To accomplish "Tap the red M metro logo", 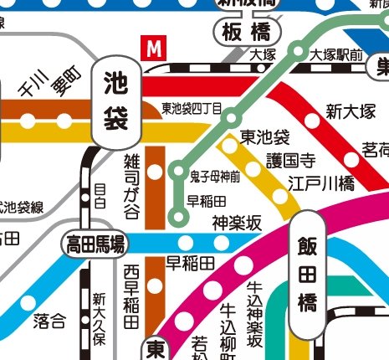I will [x=153, y=48].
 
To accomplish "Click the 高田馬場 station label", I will [x=96, y=244].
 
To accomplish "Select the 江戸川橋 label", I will [x=313, y=182].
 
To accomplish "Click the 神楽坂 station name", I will [x=238, y=223].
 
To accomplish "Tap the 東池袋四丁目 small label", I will [x=192, y=109].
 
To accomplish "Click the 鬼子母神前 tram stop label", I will [x=215, y=176].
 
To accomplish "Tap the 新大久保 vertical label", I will [x=99, y=319].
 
